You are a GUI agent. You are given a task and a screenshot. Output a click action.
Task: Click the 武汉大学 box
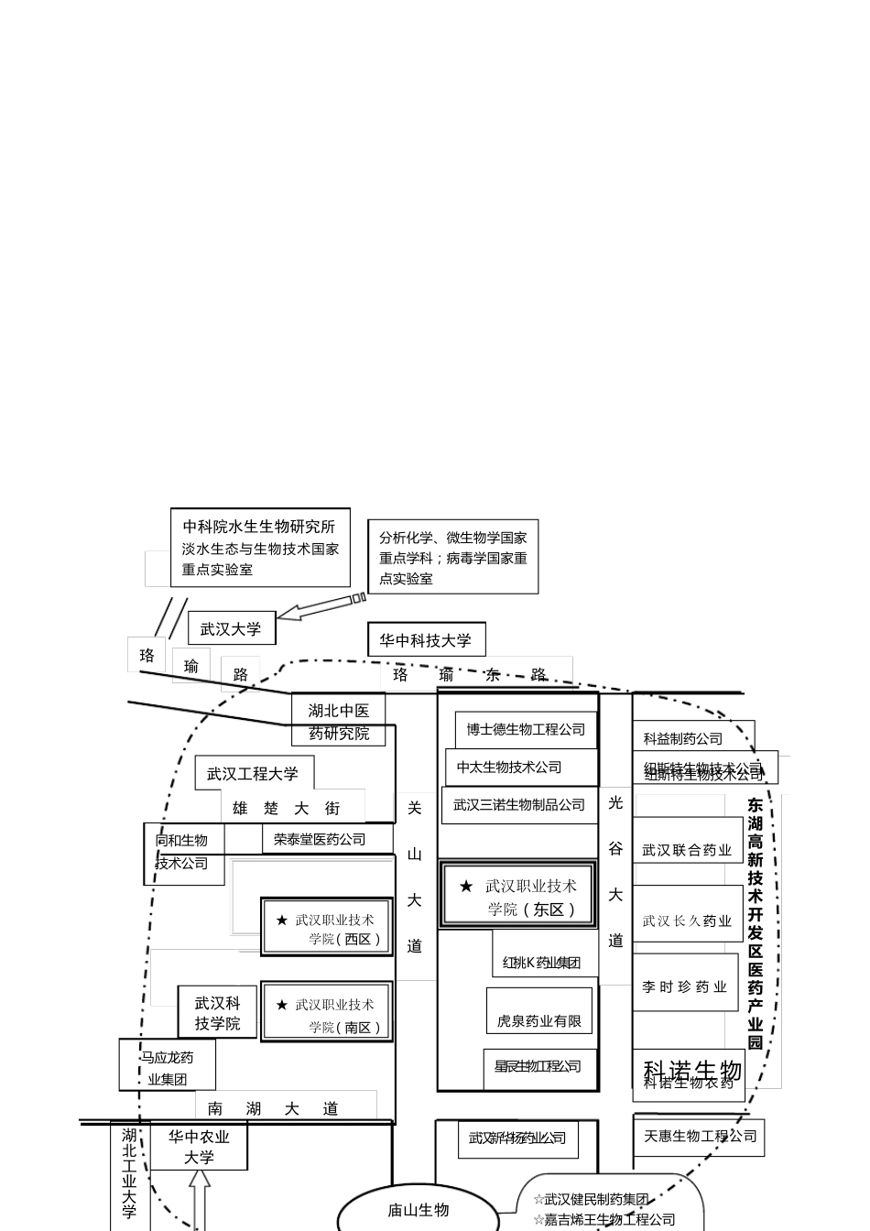231,629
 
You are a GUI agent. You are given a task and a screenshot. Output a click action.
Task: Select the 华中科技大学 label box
426,640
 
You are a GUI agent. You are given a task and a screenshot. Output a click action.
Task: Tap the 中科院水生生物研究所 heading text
259,526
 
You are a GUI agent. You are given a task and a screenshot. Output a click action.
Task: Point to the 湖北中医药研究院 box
339,721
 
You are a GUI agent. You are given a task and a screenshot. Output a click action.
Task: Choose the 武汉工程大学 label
254,774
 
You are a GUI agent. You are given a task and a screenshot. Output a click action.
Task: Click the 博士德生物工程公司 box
526,730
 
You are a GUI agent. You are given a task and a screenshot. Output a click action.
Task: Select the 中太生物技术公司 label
510,768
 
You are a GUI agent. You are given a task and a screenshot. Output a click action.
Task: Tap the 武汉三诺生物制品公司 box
519,805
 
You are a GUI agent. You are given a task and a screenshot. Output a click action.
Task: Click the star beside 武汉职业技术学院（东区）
466,887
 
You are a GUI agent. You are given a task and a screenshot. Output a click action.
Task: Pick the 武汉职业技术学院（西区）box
327,928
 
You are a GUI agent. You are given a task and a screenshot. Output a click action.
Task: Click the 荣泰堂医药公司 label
320,839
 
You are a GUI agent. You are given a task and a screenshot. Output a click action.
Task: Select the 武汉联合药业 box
687,850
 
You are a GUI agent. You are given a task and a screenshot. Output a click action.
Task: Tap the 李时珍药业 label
685,987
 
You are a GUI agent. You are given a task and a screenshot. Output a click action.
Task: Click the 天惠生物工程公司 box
700,1137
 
